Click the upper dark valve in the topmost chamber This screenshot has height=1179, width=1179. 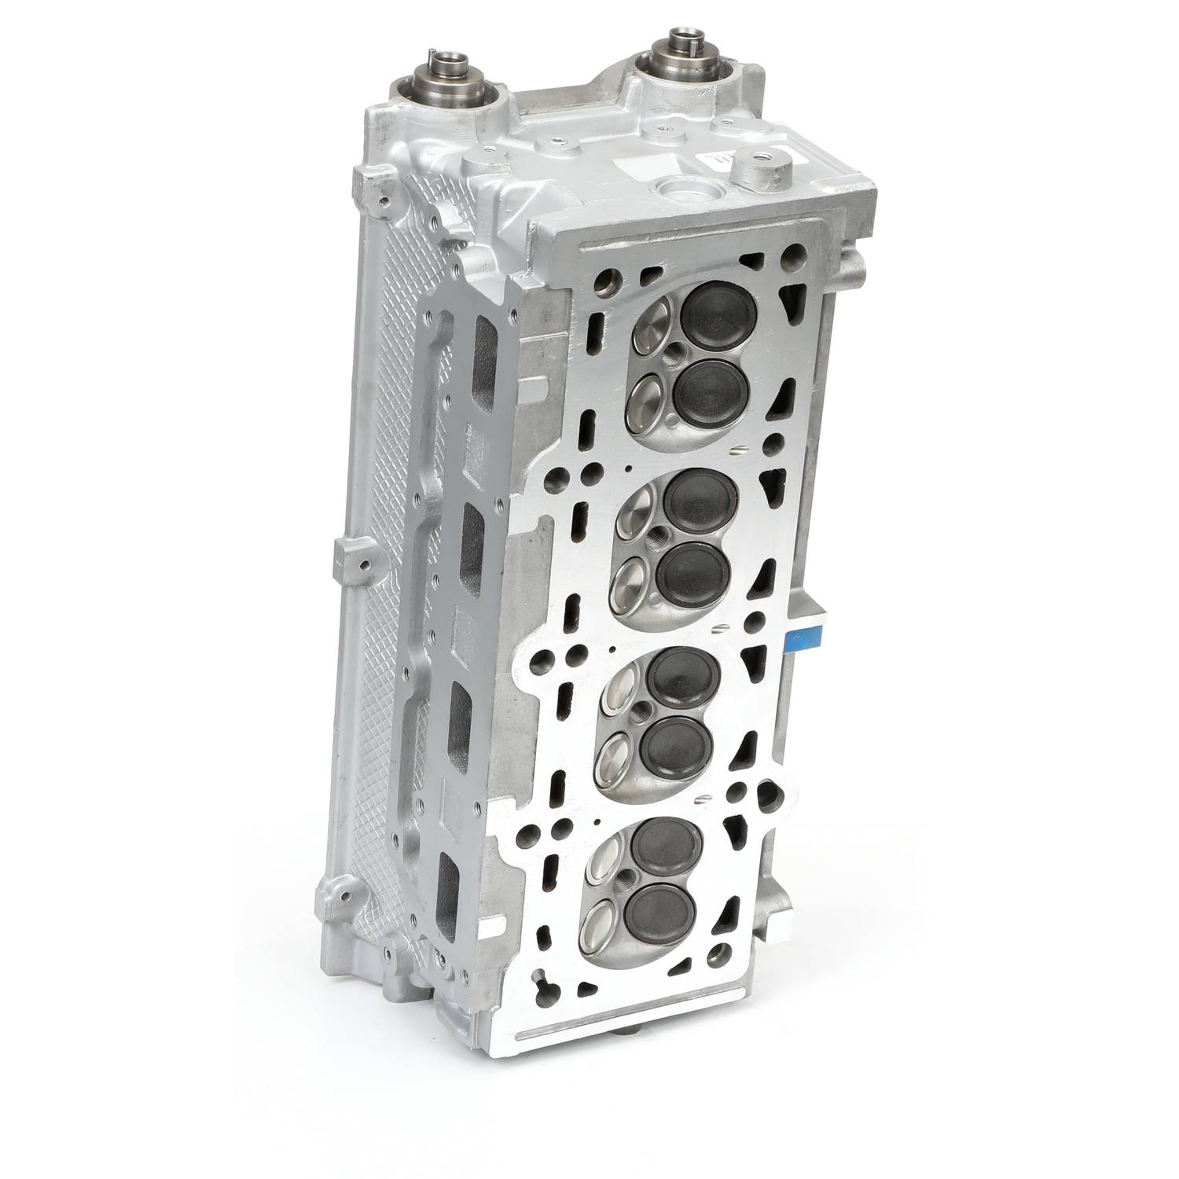click(714, 319)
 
